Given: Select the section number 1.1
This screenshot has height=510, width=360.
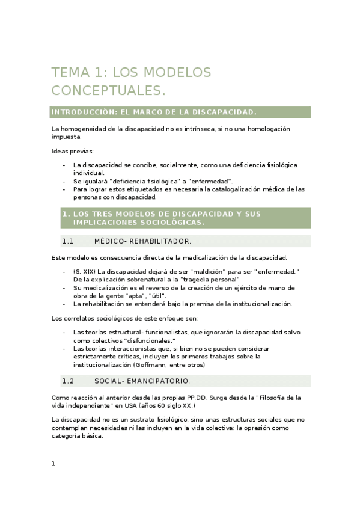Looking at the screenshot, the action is tap(67, 241).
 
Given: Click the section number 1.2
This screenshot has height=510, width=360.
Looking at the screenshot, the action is tap(67, 381).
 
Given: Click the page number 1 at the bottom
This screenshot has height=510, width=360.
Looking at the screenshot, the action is tap(53, 464).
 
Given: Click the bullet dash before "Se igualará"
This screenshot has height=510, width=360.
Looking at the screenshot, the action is tap(64, 181).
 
